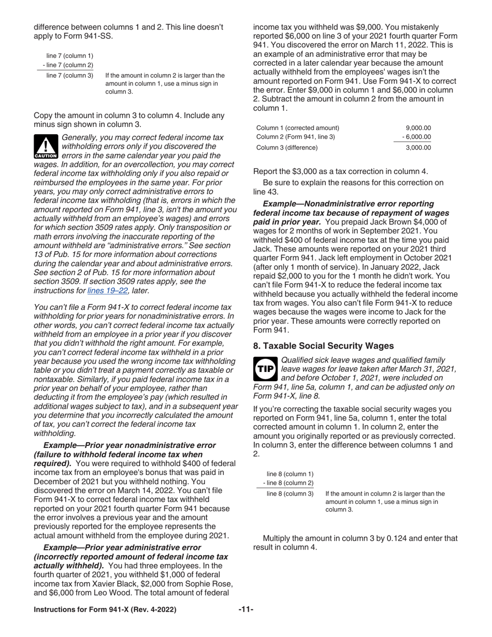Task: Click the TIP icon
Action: [x=265, y=369]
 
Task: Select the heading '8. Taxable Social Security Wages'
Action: [x=323, y=346]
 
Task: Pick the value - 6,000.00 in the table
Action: [x=416, y=137]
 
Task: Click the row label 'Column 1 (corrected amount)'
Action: [x=298, y=128]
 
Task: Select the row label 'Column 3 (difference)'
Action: [x=287, y=148]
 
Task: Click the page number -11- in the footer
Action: [x=245, y=610]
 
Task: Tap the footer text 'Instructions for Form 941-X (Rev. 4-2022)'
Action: [x=105, y=610]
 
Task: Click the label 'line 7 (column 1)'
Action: [x=70, y=56]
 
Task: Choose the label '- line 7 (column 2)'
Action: [x=68, y=65]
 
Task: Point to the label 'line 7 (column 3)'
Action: [x=70, y=76]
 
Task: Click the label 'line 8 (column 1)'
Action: [x=290, y=474]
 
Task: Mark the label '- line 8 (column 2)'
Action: [x=288, y=483]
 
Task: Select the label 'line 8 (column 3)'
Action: [x=290, y=494]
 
